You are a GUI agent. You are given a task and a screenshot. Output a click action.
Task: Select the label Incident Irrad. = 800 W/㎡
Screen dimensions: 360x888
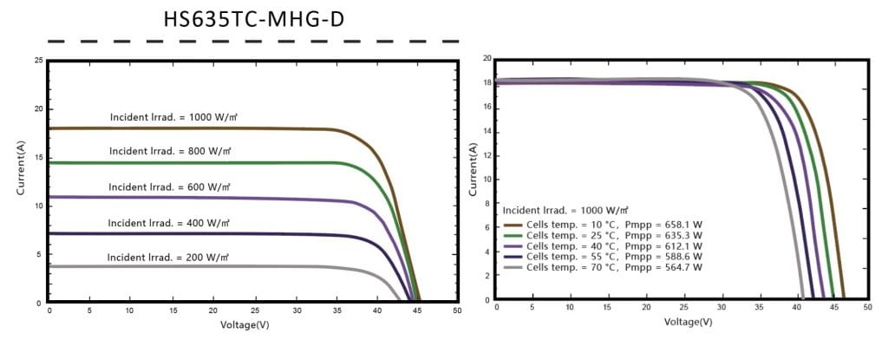click(169, 151)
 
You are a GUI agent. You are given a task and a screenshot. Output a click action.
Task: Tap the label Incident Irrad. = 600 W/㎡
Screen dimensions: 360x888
click(168, 187)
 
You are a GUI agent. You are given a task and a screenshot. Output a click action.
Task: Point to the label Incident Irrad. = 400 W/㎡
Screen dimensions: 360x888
click(168, 223)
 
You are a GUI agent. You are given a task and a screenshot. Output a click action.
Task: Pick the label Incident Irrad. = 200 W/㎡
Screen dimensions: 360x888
click(167, 258)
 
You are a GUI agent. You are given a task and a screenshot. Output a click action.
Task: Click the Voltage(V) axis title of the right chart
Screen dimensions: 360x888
click(688, 322)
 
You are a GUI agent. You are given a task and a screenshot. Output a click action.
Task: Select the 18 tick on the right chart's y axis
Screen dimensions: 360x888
click(486, 83)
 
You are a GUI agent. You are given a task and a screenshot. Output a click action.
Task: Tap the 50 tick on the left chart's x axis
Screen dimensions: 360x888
click(457, 311)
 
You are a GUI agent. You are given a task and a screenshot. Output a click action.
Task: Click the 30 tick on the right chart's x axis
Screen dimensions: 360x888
click(721, 308)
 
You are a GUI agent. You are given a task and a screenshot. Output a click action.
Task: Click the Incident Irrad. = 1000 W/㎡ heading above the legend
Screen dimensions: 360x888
click(565, 210)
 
